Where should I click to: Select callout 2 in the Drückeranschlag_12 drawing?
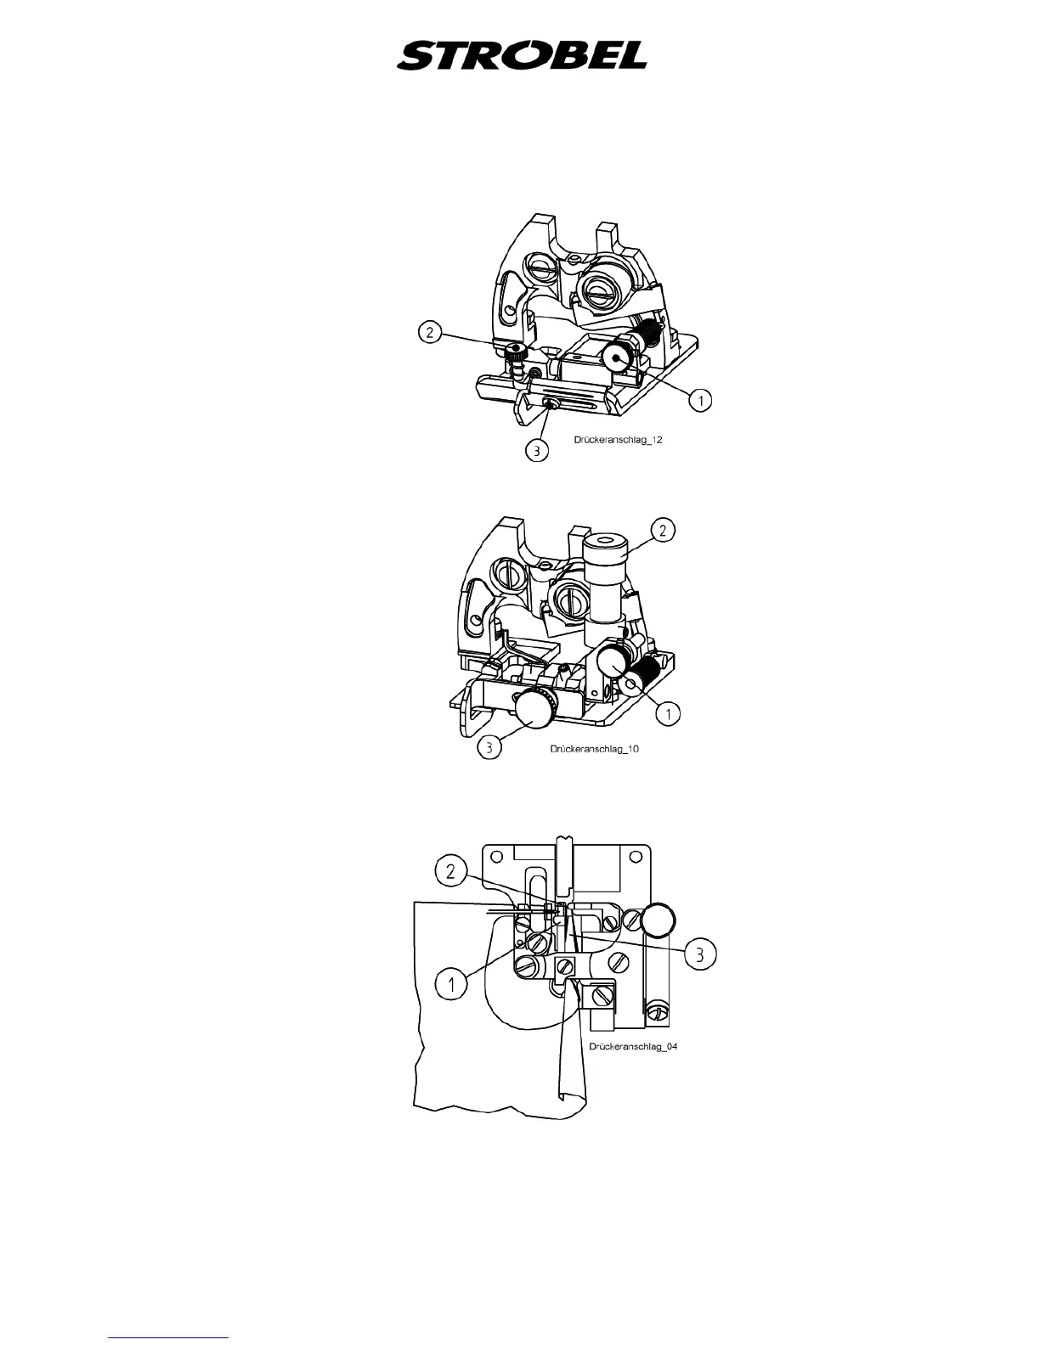click(x=430, y=332)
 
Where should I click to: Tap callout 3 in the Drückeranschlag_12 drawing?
click(x=536, y=452)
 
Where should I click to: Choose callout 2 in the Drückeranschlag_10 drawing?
click(x=663, y=530)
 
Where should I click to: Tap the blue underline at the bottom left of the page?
click(x=168, y=1337)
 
